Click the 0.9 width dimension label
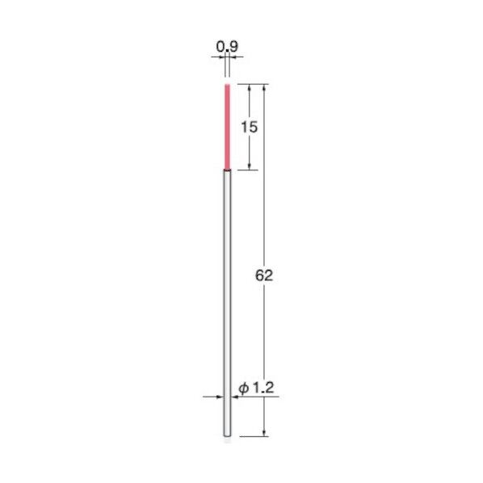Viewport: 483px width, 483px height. click(227, 48)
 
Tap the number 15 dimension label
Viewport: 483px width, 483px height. click(249, 126)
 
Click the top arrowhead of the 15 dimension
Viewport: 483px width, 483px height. click(249, 86)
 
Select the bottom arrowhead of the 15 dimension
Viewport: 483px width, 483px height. click(249, 166)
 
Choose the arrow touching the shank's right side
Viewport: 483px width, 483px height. click(236, 397)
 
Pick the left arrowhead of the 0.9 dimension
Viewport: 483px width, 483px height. click(222, 58)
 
